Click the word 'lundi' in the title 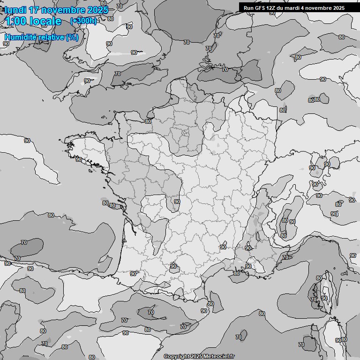pos(15,9)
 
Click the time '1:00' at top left pos(16,21)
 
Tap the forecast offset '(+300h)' pos(83,21)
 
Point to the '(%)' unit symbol pos(72,37)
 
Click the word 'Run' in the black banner pos(248,7)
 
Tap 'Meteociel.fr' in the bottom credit pos(219,357)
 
